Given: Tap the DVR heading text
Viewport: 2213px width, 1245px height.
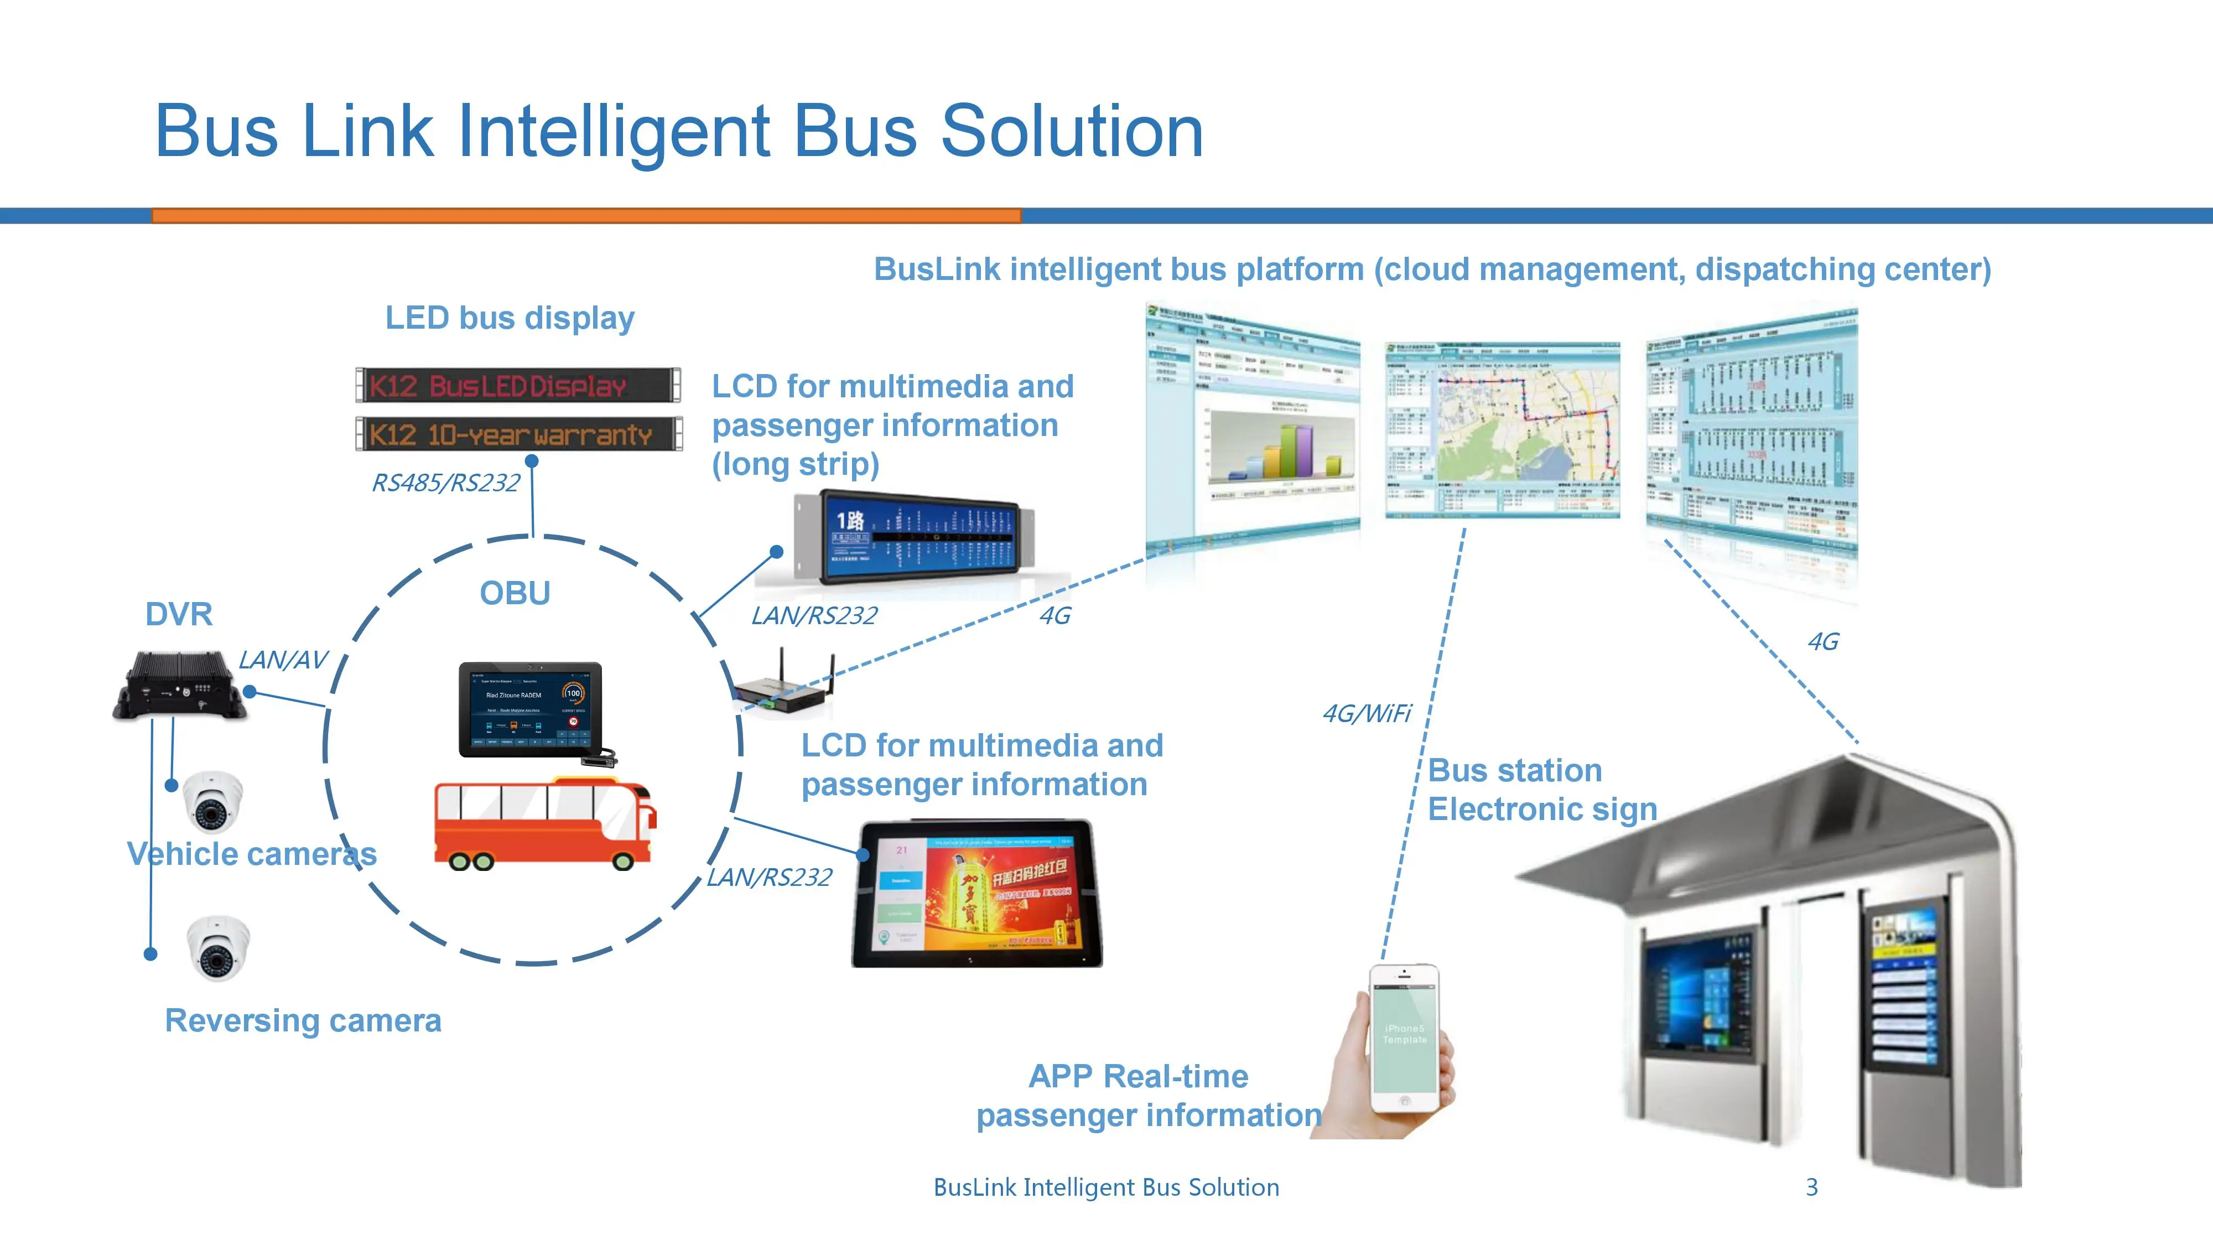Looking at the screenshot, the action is [x=179, y=614].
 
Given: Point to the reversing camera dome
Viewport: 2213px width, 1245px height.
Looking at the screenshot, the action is [x=218, y=948].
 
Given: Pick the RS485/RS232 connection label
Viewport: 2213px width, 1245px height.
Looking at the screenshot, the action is [x=445, y=484].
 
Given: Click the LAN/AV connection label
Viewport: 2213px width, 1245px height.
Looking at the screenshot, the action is [x=283, y=660].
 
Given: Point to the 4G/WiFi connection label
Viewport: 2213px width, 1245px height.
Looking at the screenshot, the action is [x=1366, y=714].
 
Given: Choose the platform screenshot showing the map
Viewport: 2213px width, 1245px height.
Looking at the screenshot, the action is [x=1503, y=429].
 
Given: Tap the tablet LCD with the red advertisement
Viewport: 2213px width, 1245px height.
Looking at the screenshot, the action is [x=977, y=894].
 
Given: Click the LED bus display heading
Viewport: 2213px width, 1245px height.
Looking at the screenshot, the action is [x=510, y=318].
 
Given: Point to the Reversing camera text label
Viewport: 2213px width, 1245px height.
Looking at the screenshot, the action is [x=303, y=1021].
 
